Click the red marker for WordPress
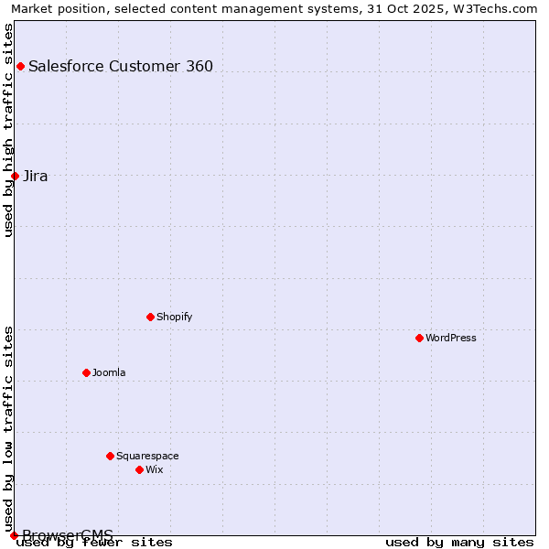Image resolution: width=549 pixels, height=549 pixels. [419, 338]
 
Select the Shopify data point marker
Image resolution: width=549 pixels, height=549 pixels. [150, 317]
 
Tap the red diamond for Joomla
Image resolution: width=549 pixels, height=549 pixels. [86, 372]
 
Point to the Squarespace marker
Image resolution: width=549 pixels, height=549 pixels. [110, 456]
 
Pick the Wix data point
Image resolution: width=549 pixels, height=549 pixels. [139, 469]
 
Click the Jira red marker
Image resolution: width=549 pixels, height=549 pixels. [15, 176]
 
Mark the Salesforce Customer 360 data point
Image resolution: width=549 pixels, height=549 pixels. [20, 66]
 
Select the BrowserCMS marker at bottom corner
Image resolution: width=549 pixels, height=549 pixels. [14, 535]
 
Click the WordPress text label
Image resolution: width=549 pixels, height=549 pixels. [451, 338]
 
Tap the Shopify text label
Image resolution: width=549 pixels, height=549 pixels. [174, 317]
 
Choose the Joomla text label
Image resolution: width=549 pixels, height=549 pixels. [109, 372]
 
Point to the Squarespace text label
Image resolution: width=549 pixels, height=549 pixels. [147, 456]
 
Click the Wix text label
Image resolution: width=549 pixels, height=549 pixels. [154, 469]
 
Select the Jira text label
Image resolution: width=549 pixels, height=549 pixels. [36, 176]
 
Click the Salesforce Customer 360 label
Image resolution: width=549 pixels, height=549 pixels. [121, 66]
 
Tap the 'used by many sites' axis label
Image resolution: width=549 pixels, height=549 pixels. [459, 542]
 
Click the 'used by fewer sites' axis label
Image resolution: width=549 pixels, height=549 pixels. [94, 542]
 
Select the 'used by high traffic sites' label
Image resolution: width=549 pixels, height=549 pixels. [8, 129]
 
